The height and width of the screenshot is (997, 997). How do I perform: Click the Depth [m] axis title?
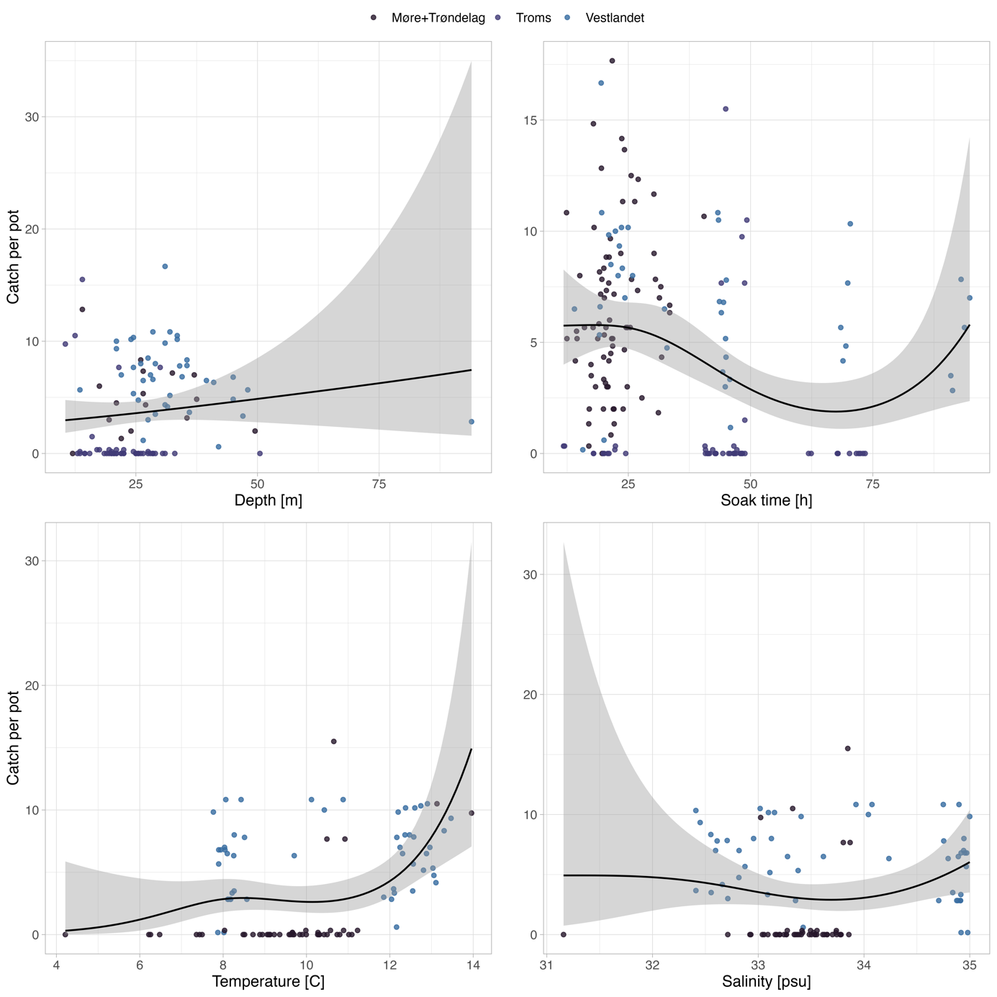(269, 500)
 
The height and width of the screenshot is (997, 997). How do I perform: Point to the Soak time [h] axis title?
(766, 500)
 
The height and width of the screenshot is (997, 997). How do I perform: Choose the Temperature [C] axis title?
(269, 981)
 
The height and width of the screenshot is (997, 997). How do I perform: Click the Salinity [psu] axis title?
(766, 981)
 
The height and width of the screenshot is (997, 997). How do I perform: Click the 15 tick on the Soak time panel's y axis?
(529, 119)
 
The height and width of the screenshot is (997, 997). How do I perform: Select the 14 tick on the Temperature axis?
(472, 965)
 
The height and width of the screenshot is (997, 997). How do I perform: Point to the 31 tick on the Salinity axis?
(546, 965)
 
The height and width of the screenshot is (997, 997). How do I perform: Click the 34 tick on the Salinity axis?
(864, 965)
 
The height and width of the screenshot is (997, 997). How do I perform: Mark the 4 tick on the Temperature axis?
(57, 965)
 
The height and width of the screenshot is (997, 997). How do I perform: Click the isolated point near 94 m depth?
(472, 422)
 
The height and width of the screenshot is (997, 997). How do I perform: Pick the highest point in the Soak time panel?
(612, 61)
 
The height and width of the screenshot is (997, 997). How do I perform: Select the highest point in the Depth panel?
(165, 266)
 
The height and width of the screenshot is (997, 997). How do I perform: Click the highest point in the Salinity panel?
(847, 749)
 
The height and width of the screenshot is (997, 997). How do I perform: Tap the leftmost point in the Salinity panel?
(563, 934)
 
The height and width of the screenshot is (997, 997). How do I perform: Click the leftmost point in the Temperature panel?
(66, 934)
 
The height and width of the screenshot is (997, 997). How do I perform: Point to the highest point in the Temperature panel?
(333, 741)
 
